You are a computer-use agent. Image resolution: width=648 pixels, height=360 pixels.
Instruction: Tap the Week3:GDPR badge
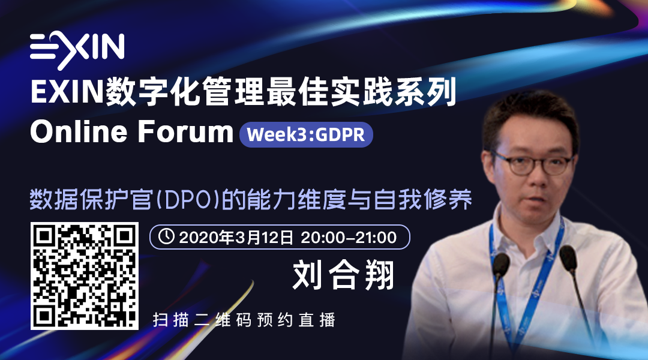tap(306, 134)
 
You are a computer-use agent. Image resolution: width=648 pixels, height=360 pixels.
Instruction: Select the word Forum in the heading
tap(185, 132)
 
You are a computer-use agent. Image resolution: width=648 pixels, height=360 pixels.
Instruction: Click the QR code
tap(85, 275)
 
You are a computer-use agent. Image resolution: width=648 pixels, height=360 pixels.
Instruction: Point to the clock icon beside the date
tap(166, 236)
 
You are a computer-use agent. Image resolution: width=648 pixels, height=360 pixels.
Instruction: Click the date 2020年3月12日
tap(236, 237)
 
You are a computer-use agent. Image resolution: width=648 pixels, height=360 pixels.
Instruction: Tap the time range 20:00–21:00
tap(349, 237)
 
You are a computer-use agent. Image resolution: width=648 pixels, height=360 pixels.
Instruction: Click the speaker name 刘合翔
tap(343, 275)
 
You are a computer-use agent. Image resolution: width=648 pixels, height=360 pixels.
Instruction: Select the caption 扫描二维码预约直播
tap(244, 320)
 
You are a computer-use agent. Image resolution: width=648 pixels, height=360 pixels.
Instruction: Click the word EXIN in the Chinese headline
tap(67, 92)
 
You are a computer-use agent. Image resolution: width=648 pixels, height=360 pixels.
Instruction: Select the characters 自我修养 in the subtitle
tap(423, 200)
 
